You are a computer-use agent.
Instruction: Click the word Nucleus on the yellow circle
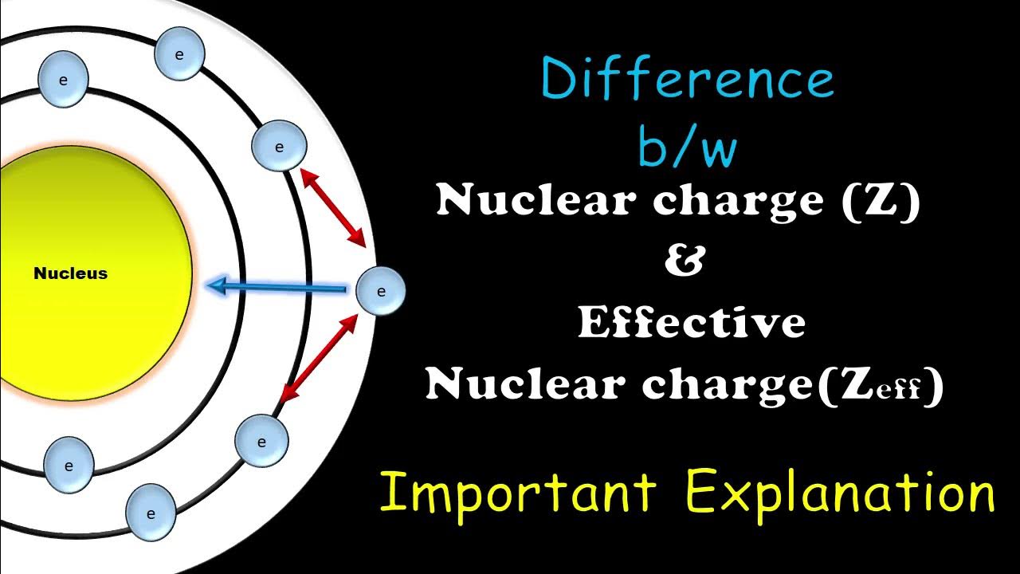(70, 273)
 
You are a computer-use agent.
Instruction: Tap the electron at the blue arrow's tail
(380, 291)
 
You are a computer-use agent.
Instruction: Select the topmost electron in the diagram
(179, 55)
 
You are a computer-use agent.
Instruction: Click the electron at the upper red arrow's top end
(279, 147)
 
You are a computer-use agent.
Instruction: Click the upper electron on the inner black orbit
(63, 81)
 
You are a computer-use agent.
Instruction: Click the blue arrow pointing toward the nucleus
(275, 286)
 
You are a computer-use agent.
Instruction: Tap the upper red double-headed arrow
(333, 207)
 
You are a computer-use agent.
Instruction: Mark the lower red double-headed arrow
(320, 356)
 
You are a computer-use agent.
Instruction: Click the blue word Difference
(687, 80)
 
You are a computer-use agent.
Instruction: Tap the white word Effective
(691, 322)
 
